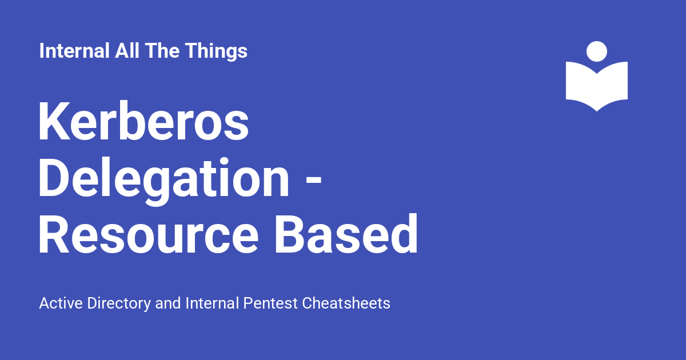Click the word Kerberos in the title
143,121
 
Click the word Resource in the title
149,234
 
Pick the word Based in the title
346,234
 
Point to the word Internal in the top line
74,50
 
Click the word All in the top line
127,50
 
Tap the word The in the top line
162,50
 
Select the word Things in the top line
216,51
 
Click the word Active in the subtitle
61,303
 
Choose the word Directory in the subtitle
119,304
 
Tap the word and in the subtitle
168,303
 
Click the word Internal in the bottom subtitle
212,303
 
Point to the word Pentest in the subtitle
270,303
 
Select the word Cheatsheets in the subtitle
346,303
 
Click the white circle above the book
597,51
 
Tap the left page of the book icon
581,83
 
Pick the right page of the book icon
612,83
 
